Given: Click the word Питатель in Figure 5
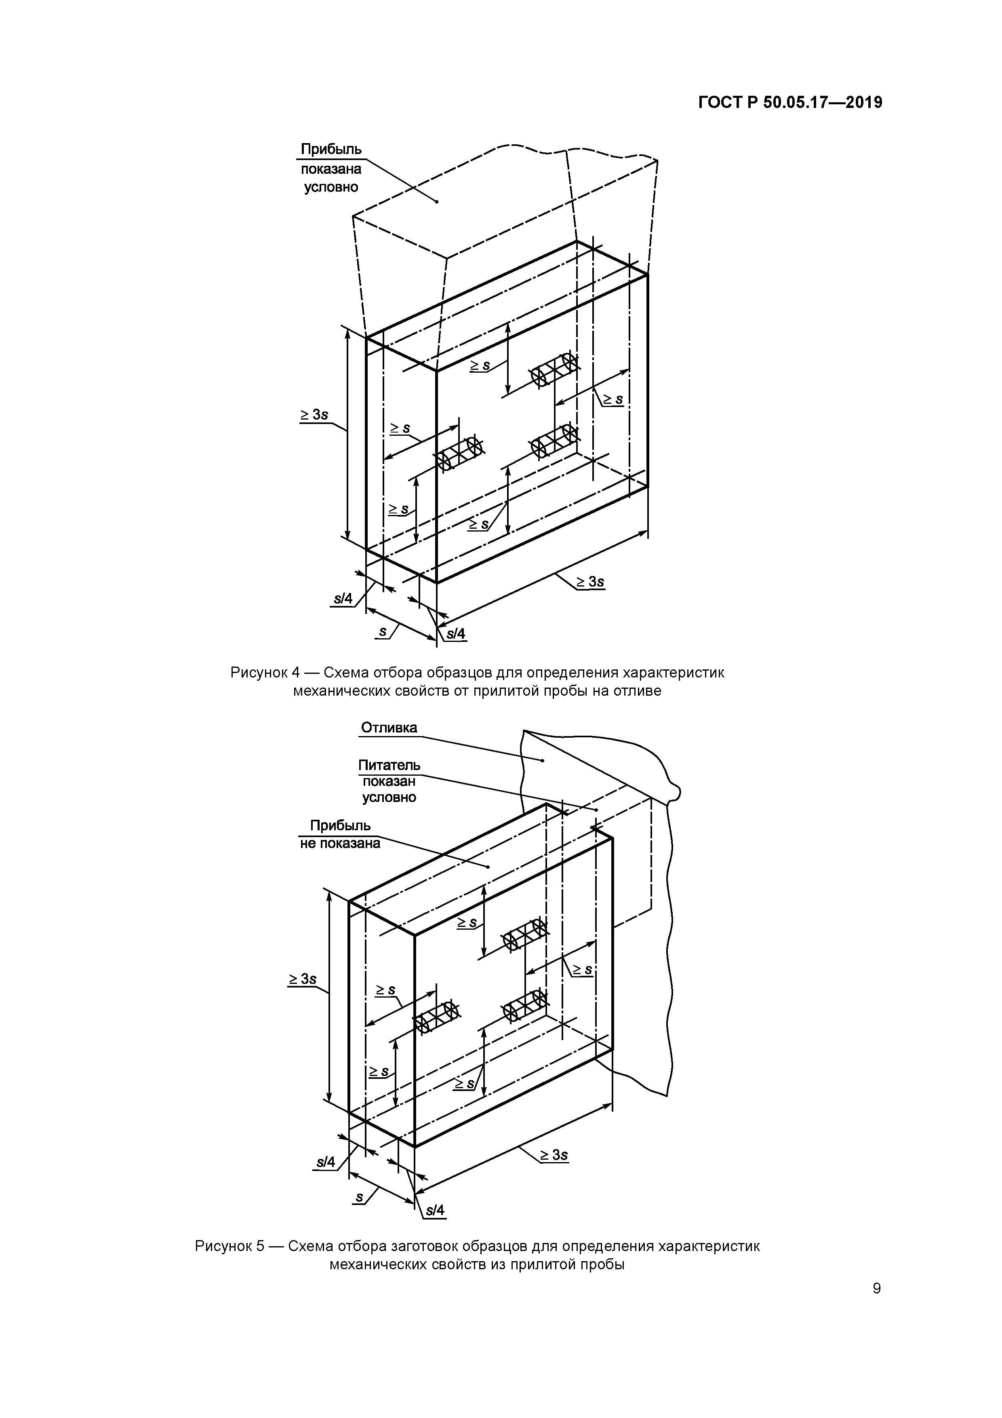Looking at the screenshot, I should pos(389,765).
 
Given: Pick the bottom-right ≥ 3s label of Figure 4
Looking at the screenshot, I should pos(589,582).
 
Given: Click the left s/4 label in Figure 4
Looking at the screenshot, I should pos(343,599).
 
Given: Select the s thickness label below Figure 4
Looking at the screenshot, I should pos(383,632).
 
